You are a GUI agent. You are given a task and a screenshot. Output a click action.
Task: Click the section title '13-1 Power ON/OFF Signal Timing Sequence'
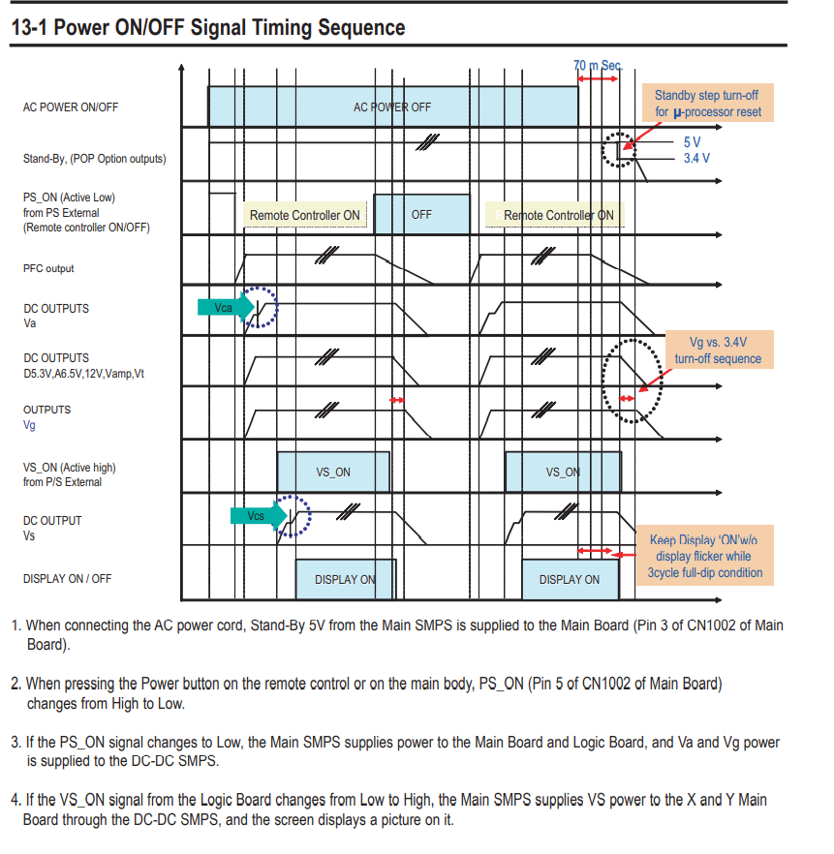click(x=207, y=27)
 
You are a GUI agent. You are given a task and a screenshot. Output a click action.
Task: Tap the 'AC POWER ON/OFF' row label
click(x=71, y=107)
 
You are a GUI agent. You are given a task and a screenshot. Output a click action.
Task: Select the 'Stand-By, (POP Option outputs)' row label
click(x=94, y=159)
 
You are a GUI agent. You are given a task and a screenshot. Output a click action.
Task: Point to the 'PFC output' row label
click(x=48, y=268)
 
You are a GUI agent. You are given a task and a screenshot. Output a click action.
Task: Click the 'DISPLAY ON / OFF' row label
click(x=67, y=579)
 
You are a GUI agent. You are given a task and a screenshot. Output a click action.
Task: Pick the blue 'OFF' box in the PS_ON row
click(x=421, y=215)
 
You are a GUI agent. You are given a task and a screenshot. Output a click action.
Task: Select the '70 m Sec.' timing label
click(x=597, y=65)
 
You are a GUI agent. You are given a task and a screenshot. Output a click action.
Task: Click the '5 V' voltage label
click(x=692, y=141)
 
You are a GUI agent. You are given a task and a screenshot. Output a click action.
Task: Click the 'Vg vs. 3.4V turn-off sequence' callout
click(x=718, y=351)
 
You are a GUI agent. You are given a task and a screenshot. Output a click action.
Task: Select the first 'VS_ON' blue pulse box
click(x=333, y=473)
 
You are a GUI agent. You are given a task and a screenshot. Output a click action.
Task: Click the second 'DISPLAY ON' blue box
click(x=570, y=579)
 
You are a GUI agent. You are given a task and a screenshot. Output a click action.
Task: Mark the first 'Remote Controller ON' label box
click(x=304, y=215)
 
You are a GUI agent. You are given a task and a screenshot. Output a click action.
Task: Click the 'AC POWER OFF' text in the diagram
click(x=392, y=107)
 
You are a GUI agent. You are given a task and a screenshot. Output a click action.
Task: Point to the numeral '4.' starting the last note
click(x=16, y=800)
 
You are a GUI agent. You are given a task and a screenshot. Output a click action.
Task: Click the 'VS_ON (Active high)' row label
click(x=70, y=474)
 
